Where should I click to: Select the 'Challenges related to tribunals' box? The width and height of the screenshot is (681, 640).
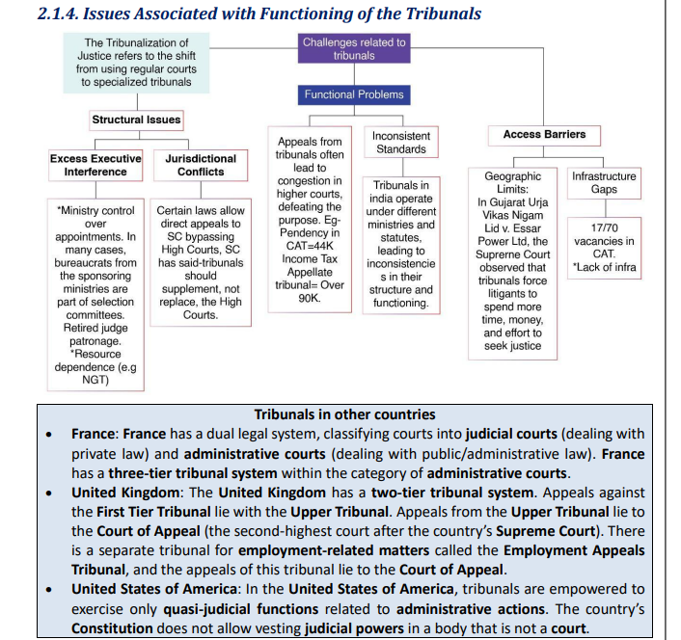coord(354,49)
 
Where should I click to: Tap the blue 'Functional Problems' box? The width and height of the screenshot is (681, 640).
coord(354,94)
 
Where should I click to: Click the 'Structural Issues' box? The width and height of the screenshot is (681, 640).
coord(136,120)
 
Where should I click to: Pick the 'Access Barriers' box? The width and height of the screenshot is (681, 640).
coord(544,134)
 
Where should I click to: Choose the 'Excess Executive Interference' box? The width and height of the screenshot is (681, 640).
coord(95,165)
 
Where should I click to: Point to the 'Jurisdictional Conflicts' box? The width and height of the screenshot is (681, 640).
coord(201,165)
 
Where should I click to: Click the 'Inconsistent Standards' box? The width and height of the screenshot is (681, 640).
coord(401,143)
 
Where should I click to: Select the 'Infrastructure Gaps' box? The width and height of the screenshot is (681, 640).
coord(604,183)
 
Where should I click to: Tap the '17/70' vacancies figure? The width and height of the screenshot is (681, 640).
coord(604,228)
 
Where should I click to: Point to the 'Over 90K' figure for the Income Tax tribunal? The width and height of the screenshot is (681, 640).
coord(308,292)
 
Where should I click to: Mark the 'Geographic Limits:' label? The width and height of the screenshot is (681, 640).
coord(512,183)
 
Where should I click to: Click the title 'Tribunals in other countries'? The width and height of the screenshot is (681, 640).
coord(344,414)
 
